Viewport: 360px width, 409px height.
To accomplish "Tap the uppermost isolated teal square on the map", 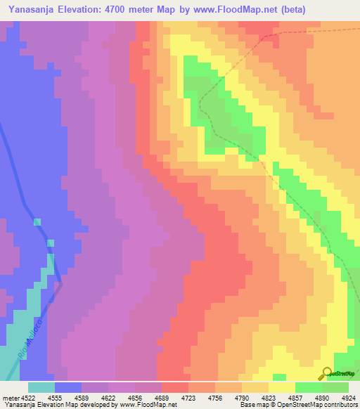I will (37, 222).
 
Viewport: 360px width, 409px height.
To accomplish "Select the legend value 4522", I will (27, 397).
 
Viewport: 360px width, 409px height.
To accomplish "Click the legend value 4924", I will (348, 397).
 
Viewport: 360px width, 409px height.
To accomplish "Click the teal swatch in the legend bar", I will (41, 387).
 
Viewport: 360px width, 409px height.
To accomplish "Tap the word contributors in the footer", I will (340, 405).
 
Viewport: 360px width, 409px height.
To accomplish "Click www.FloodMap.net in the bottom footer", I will (148, 405).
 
